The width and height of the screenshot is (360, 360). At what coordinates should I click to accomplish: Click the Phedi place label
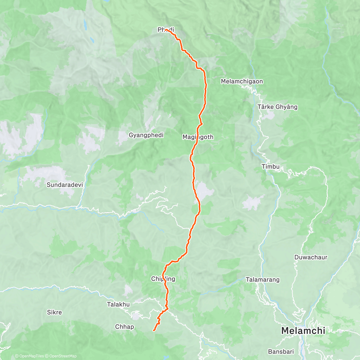click(166, 30)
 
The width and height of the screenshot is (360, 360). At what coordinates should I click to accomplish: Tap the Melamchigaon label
click(242, 81)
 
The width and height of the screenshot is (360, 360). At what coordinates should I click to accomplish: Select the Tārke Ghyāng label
click(277, 107)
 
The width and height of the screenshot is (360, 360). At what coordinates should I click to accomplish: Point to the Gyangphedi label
click(146, 135)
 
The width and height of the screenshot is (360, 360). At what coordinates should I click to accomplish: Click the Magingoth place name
click(198, 137)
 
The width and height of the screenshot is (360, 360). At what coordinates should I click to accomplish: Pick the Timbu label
click(270, 166)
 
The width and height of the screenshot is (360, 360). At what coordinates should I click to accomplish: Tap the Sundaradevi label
click(65, 185)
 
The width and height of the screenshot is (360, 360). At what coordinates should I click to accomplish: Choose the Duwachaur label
click(311, 257)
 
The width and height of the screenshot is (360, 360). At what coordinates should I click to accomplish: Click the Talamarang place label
click(262, 280)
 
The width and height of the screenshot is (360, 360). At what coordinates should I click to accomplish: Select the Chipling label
click(163, 279)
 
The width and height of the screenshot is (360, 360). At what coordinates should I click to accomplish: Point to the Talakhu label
click(118, 304)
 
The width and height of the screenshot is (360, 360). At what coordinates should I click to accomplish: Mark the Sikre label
click(55, 312)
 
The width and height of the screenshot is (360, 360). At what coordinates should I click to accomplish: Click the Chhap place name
click(124, 327)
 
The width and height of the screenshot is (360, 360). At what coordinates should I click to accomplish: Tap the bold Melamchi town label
click(303, 331)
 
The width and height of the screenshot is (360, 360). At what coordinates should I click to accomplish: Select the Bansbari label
click(281, 351)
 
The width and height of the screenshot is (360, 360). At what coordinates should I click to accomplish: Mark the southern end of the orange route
click(154, 330)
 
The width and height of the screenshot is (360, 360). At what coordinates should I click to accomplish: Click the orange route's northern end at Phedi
click(166, 30)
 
